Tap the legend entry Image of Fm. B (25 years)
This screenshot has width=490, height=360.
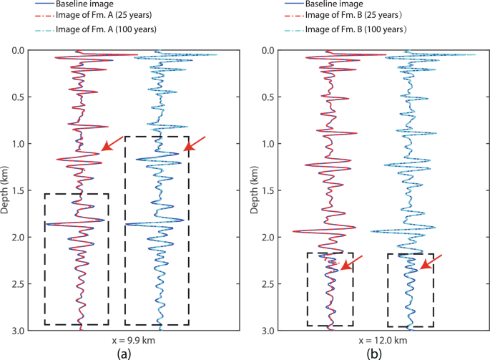pyautogui.click(x=356, y=16)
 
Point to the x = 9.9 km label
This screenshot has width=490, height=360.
pyautogui.click(x=120, y=340)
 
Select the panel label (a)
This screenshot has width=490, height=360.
pyautogui.click(x=119, y=352)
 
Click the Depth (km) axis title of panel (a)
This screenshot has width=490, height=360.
pyautogui.click(x=6, y=190)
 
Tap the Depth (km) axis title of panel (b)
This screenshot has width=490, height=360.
pyautogui.click(x=255, y=190)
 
